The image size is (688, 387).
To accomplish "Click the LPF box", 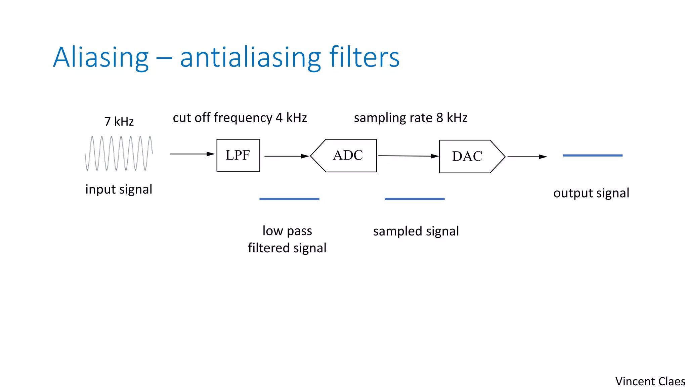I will tap(238, 155).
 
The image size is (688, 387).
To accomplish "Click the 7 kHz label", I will tap(119, 121).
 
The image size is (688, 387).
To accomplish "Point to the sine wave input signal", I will tap(119, 154).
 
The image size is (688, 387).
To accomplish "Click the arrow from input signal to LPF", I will tap(192, 154).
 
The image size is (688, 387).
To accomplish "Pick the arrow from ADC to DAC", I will tap(408, 156).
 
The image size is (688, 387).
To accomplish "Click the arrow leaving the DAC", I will tap(527, 157).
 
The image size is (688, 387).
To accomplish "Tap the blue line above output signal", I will tap(593, 156).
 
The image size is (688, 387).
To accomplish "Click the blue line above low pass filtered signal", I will tap(289, 199).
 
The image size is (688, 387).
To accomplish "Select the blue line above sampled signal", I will tap(415, 199).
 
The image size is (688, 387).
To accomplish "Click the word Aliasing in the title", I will tap(101, 57).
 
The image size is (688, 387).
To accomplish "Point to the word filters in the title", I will tap(364, 57).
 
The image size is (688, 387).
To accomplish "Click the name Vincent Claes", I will tap(650, 381).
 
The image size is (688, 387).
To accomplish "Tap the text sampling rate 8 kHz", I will tap(411, 118).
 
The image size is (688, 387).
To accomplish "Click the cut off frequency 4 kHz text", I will tap(240, 118).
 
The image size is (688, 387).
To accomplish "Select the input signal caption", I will tap(119, 189).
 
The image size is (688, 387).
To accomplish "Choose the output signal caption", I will tap(591, 193).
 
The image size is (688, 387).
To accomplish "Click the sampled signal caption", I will tap(416, 231).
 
